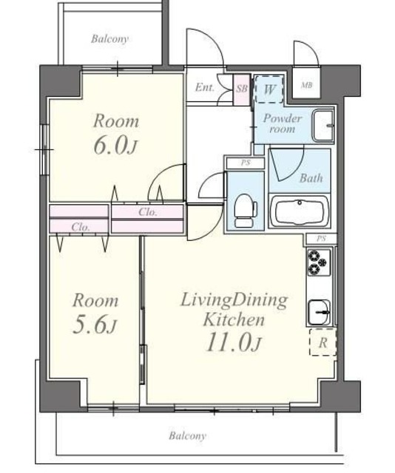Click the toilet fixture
pos(246,210)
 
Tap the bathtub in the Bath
pos(300,211)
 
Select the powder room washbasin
pos(323,126)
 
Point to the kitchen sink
pos(319,312)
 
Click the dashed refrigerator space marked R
pos(323,342)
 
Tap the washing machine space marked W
pos(269,89)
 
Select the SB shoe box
pos(242,89)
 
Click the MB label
pos(306,86)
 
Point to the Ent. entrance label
pos(205,87)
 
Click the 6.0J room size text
pos(115,147)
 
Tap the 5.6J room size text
pos(95,325)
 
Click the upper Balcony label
pos(109,39)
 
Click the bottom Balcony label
pos(187,435)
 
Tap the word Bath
pos(311,178)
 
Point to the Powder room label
pos(283,123)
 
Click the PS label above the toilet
pos(246,163)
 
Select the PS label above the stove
pos(321,239)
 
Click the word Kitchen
pos(234,320)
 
